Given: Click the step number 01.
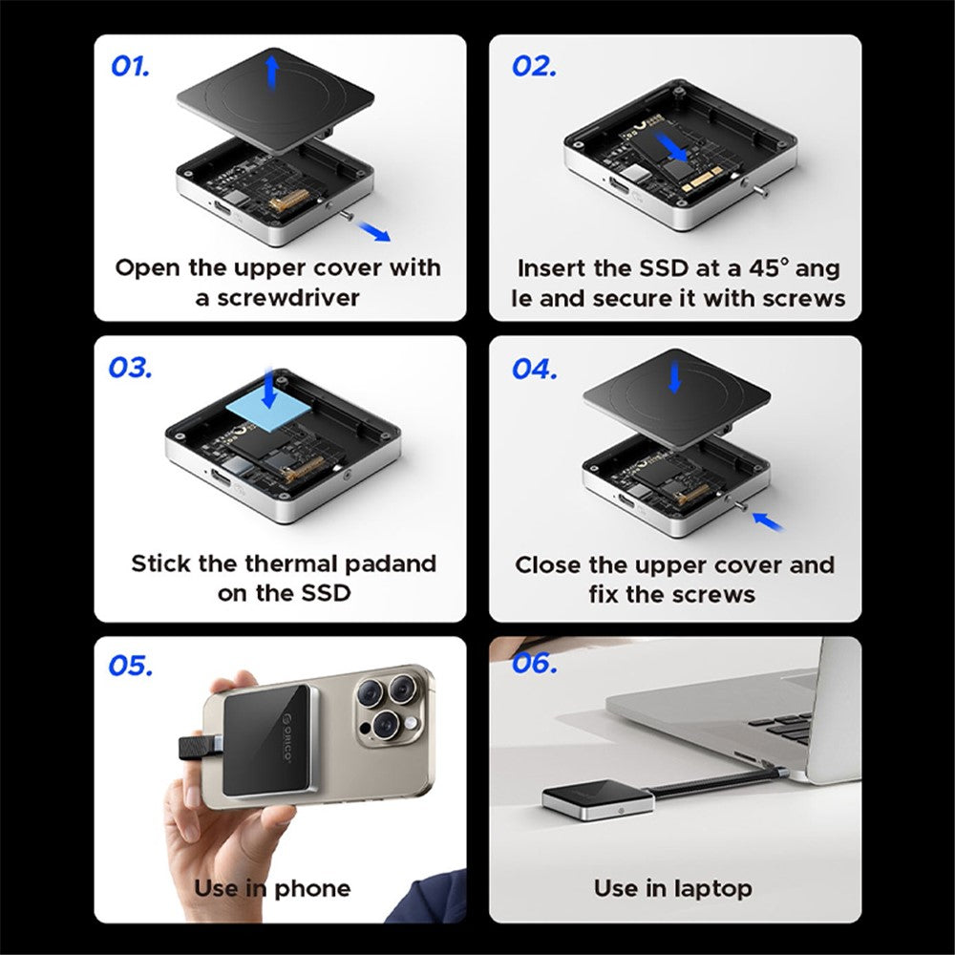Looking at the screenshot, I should pyautogui.click(x=131, y=66).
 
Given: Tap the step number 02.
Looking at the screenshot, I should pyautogui.click(x=534, y=66).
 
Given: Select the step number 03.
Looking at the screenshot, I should pyautogui.click(x=131, y=368).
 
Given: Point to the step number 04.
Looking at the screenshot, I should pyautogui.click(x=534, y=368).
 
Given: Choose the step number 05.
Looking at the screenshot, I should pyautogui.click(x=131, y=666).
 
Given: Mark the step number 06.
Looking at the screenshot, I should pyautogui.click(x=534, y=663).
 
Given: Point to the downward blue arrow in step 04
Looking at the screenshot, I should pyautogui.click(x=675, y=376).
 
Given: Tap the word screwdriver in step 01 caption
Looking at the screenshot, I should pyautogui.click(x=289, y=298).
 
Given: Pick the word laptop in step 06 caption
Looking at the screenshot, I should pyautogui.click(x=706, y=888).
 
